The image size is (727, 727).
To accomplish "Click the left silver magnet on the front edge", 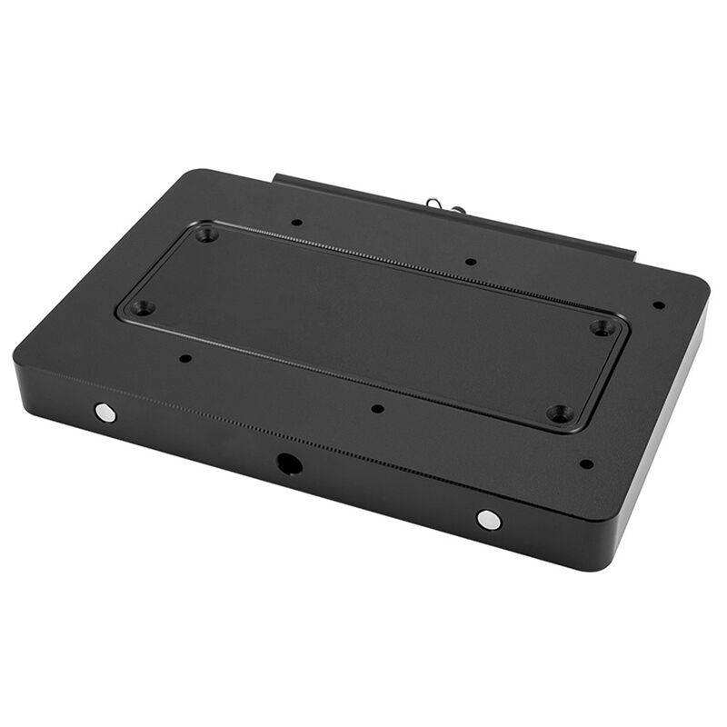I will pos(105,413).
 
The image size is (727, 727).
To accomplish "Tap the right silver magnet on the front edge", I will pos(488,520).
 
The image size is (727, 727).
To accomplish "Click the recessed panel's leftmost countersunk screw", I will pos(141,308).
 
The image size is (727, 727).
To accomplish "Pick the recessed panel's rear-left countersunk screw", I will pos(206,234).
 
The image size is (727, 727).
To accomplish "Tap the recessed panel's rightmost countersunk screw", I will pos(601,327).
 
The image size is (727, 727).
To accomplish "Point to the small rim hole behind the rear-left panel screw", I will pos(296,222).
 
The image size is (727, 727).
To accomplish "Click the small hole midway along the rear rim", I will pos(471,262).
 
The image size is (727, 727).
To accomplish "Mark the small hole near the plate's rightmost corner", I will pos(659,305).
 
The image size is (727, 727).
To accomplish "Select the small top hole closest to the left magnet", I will pos(185,358).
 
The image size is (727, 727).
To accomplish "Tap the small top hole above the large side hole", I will pos(378,409).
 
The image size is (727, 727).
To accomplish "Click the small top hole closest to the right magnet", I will pos(586,463).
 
